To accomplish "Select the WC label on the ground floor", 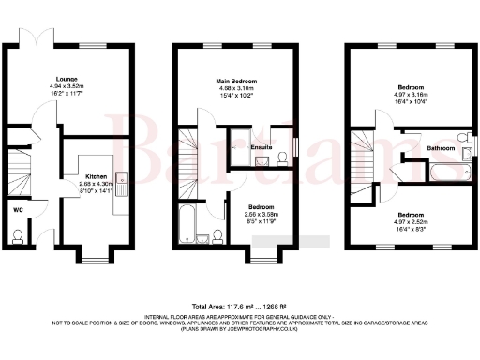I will pyautogui.click(x=18, y=210).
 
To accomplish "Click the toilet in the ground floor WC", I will pyautogui.click(x=18, y=238).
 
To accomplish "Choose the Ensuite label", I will pyautogui.click(x=262, y=147).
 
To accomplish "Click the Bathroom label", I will pyautogui.click(x=442, y=148).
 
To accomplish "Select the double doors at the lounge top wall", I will pyautogui.click(x=39, y=41).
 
